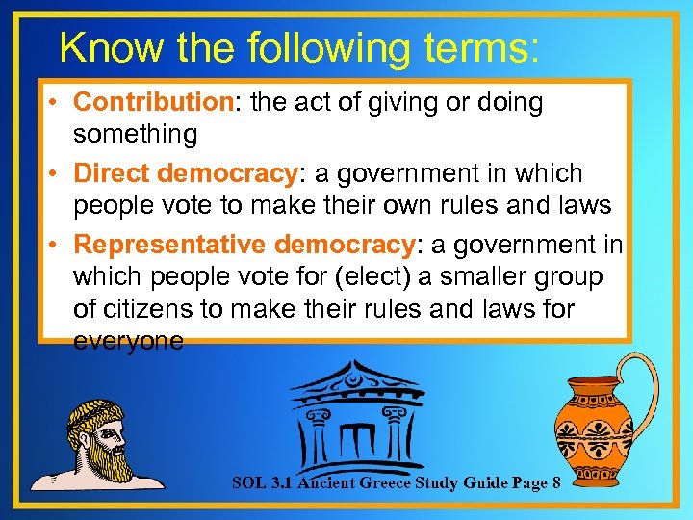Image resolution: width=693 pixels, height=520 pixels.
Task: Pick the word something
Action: click(136, 135)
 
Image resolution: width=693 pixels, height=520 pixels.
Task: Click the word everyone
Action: click(128, 342)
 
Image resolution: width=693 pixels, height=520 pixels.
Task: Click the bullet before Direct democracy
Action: click(56, 175)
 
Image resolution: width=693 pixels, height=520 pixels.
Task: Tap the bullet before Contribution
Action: click(56, 103)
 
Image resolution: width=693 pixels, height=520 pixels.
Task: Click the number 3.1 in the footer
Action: click(277, 481)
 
